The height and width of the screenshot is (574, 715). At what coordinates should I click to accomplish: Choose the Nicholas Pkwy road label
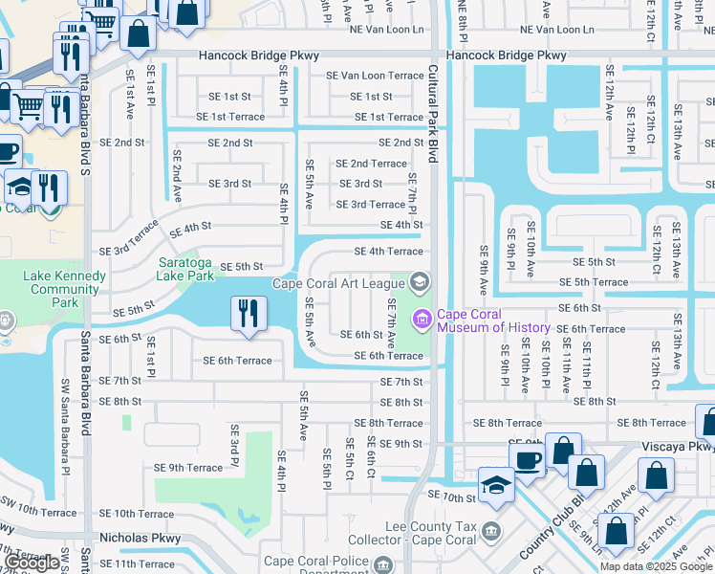pos(140,538)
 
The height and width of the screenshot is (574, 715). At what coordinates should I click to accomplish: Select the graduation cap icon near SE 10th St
pos(495,485)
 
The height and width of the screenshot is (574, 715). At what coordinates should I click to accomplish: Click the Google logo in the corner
pos(32,563)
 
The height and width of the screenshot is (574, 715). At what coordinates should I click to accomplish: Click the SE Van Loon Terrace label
pos(374,76)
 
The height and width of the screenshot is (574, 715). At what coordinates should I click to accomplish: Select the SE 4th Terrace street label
pos(388,252)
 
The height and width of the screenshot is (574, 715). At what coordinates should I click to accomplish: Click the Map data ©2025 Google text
pos(655,566)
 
